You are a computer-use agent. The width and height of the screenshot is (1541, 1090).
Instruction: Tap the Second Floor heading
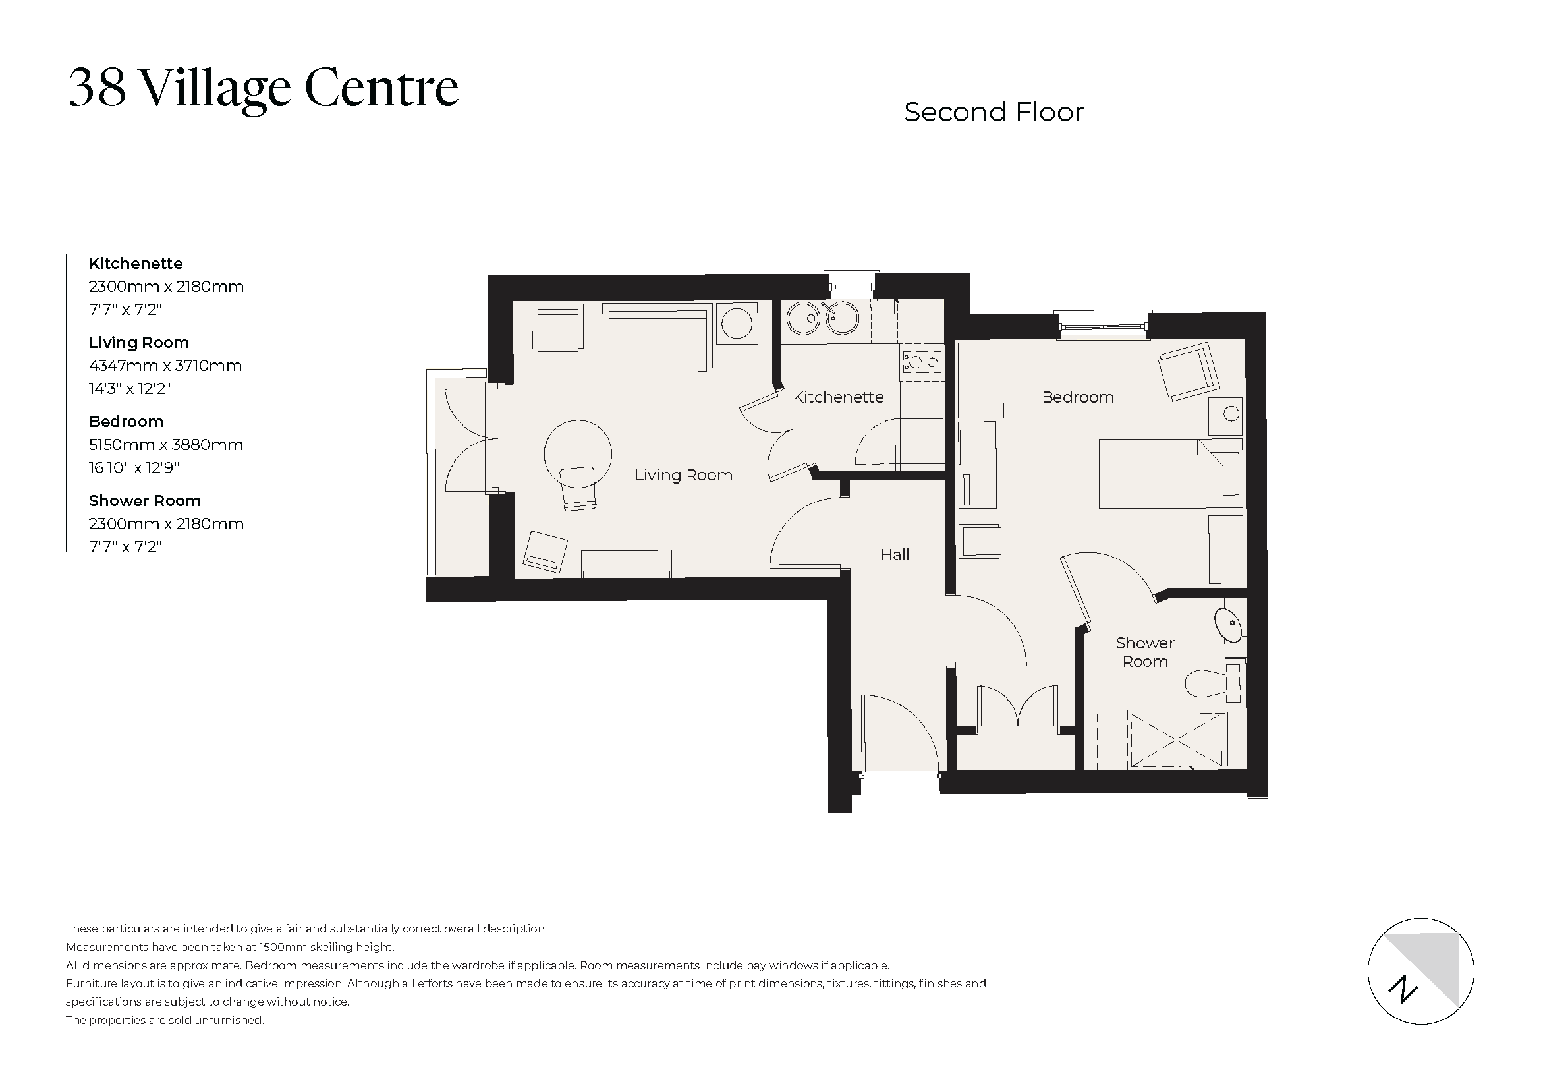point(994,113)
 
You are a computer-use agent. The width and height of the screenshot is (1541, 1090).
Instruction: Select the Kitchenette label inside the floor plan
point(837,397)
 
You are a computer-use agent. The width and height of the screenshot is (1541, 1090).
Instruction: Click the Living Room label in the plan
point(683,475)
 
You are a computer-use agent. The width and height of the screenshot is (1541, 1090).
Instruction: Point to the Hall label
point(895,554)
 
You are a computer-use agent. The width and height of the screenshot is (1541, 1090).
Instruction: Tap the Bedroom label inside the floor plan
point(1077,397)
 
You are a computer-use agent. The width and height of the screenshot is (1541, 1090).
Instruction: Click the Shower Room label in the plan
point(1145,652)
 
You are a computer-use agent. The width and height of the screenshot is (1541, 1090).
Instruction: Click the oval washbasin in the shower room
point(1227,623)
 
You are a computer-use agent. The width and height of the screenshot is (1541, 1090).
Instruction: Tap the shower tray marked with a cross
point(1176,739)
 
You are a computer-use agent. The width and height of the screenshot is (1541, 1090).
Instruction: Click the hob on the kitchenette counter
point(922,363)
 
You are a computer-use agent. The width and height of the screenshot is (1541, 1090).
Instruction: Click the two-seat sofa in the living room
point(657,337)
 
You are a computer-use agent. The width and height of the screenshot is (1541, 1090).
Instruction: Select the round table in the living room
point(577,453)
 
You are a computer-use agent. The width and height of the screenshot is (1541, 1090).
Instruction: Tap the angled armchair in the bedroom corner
point(1188,372)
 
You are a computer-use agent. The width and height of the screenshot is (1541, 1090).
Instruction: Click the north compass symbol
point(1420,971)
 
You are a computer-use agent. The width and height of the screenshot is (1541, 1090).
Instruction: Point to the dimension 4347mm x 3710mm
point(165,366)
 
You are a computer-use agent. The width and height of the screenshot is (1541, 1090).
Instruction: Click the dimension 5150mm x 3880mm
point(166,445)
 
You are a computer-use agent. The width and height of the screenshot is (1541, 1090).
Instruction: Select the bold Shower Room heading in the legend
point(144,501)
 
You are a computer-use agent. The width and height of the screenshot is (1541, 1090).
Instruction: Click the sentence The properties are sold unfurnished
point(165,1020)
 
